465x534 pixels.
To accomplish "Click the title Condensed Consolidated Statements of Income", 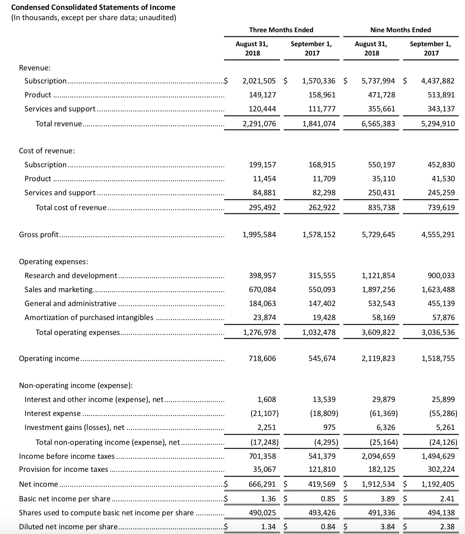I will (x=93, y=7).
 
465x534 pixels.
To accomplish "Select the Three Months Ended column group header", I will (x=281, y=30).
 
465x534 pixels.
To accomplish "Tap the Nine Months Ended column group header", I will (x=400, y=30).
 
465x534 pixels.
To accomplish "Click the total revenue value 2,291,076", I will (x=259, y=124).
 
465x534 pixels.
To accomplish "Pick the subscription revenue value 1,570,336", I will (x=319, y=81).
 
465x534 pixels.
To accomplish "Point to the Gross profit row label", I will (x=39, y=234).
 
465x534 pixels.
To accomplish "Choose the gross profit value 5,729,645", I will (x=378, y=234).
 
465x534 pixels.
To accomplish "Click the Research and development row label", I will (x=71, y=275).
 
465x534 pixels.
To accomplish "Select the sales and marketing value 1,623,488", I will (x=438, y=290).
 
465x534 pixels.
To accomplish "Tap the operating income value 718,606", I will (x=262, y=359).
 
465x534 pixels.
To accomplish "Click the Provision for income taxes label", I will (x=64, y=469).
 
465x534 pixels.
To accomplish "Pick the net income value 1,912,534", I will (x=378, y=484).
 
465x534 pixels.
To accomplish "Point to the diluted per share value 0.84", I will (x=328, y=527).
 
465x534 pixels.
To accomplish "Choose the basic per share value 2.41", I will (x=447, y=499).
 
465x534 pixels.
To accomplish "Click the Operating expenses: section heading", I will (x=54, y=261).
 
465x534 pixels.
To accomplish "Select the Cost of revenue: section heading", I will (x=47, y=151).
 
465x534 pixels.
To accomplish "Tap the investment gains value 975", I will (x=329, y=428).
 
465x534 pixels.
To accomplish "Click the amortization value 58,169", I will (x=384, y=317).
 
